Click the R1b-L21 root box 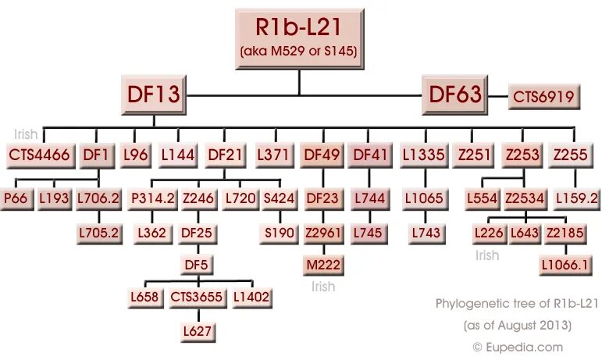tap(298, 37)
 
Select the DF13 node tap(154, 95)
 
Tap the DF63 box tap(455, 95)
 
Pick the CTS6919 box tap(544, 97)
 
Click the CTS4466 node tap(38, 155)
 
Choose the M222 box tap(322, 266)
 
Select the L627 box tap(198, 331)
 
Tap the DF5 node tap(198, 266)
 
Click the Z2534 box tap(525, 199)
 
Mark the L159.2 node tap(577, 199)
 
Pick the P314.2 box tap(152, 199)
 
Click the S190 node tap(279, 232)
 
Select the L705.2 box tap(99, 232)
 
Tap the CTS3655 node tap(197, 298)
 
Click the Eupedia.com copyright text tap(517, 346)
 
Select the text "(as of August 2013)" tap(517, 324)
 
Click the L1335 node tap(424, 155)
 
